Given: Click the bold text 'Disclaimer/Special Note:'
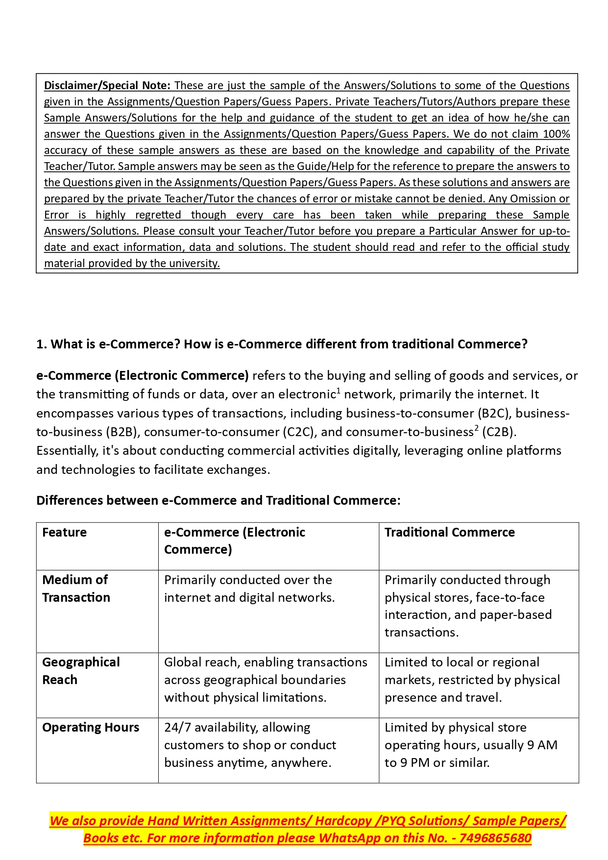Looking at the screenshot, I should point(107,86).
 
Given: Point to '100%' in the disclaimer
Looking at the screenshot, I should point(556,134).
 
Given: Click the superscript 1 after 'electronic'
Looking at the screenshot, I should point(338,391).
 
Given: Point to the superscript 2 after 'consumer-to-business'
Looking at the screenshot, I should point(476,429).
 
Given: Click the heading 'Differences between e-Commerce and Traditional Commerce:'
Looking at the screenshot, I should point(218,501).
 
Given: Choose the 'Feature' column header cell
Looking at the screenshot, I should point(65,533).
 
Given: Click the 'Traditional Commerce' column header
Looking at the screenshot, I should point(449,533).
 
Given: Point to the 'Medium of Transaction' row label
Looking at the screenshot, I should point(76,589).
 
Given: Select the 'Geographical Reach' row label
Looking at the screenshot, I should point(81,671).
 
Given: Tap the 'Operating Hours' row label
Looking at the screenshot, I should point(91,728).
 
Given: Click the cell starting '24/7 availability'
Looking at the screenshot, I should point(250,745).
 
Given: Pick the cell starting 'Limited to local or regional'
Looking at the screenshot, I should point(472,680).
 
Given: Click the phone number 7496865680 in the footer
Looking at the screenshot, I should point(495,838).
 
